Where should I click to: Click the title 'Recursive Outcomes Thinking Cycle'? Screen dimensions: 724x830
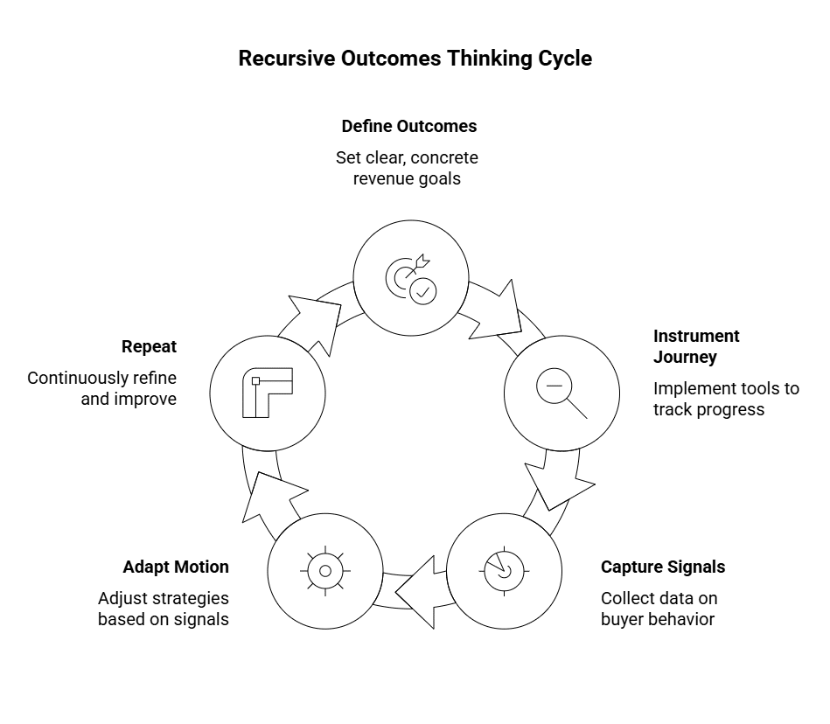pos(415,59)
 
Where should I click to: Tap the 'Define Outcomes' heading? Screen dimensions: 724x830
pos(409,126)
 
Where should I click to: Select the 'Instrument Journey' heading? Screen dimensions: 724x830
pos(696,346)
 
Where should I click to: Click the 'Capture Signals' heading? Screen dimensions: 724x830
pos(662,567)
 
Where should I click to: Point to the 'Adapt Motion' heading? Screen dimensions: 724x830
pos(176,567)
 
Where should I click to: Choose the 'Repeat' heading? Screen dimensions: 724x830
pos(149,346)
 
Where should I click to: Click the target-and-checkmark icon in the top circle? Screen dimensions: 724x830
pos(411,278)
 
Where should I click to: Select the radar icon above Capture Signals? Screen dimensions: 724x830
pos(503,571)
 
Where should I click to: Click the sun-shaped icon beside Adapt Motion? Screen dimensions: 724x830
pos(324,571)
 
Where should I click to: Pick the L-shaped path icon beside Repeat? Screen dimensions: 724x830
pos(268,391)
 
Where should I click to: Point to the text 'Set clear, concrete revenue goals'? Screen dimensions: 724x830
pos(407,168)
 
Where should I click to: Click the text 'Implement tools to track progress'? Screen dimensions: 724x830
pos(726,399)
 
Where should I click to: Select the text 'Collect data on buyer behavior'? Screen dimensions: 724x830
pos(658,609)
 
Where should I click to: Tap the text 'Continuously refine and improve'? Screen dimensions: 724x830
pos(101,388)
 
